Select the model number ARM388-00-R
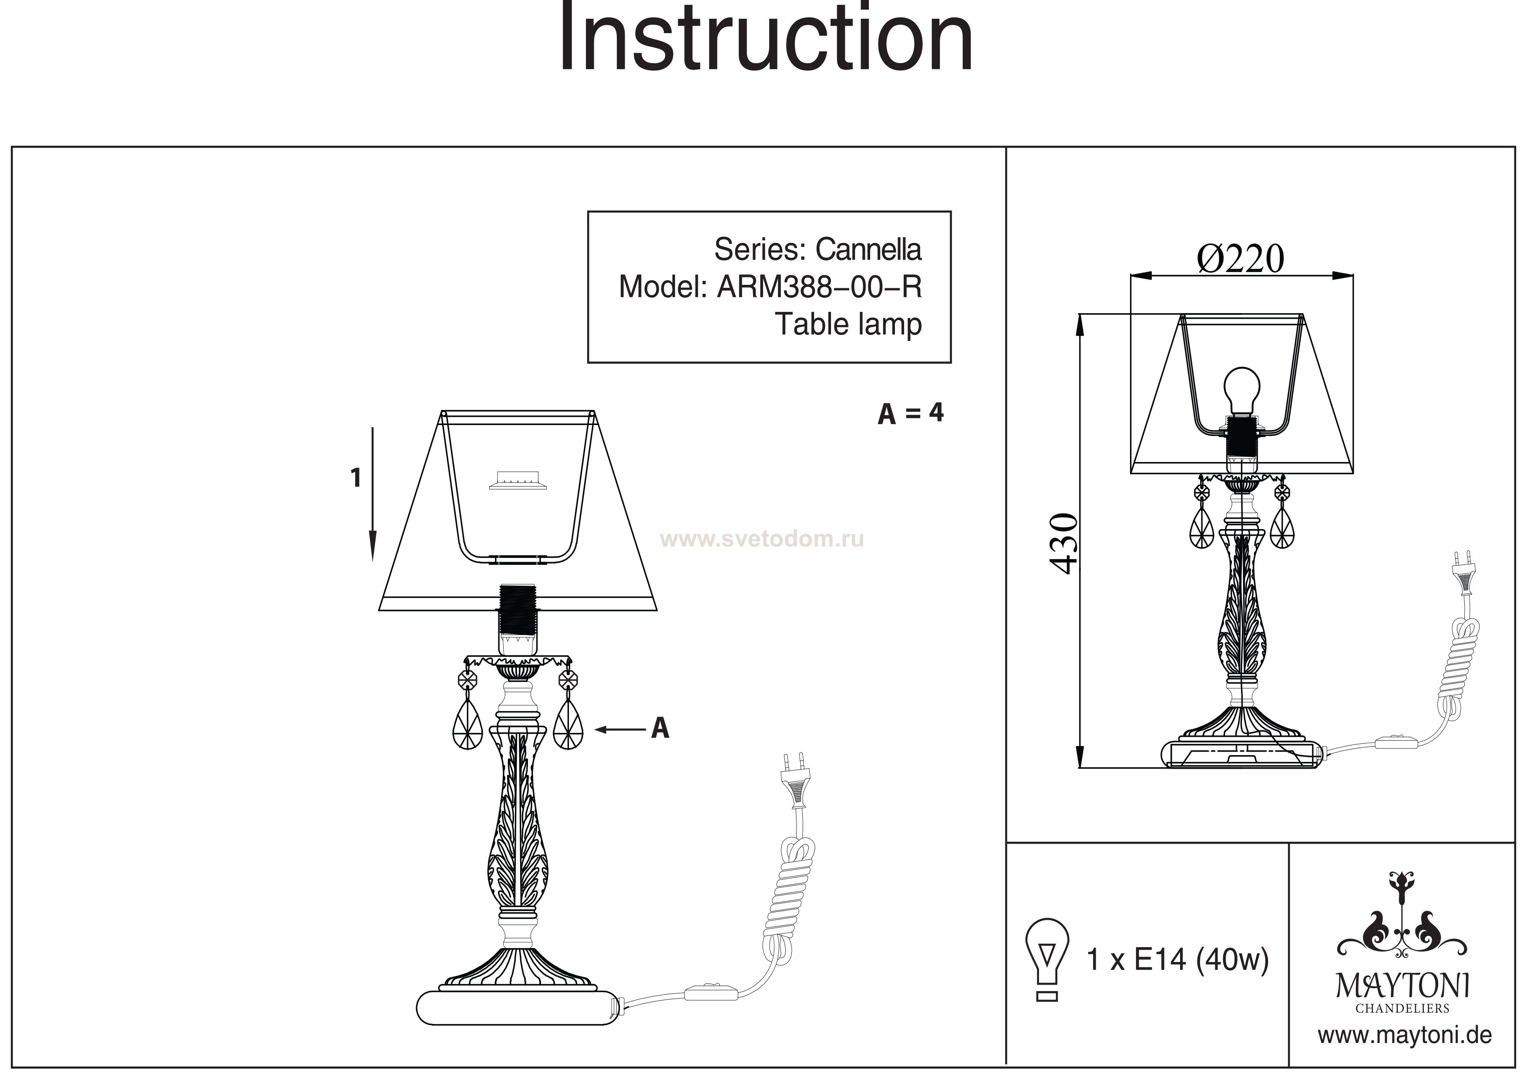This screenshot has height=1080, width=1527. tap(819, 287)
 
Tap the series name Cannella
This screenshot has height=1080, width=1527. tap(868, 250)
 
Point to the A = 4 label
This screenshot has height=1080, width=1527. tap(911, 413)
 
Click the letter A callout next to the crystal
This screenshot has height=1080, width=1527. tap(660, 728)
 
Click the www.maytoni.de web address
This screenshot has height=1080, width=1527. tap(1405, 1036)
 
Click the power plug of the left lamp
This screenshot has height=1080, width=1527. tap(795, 779)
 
